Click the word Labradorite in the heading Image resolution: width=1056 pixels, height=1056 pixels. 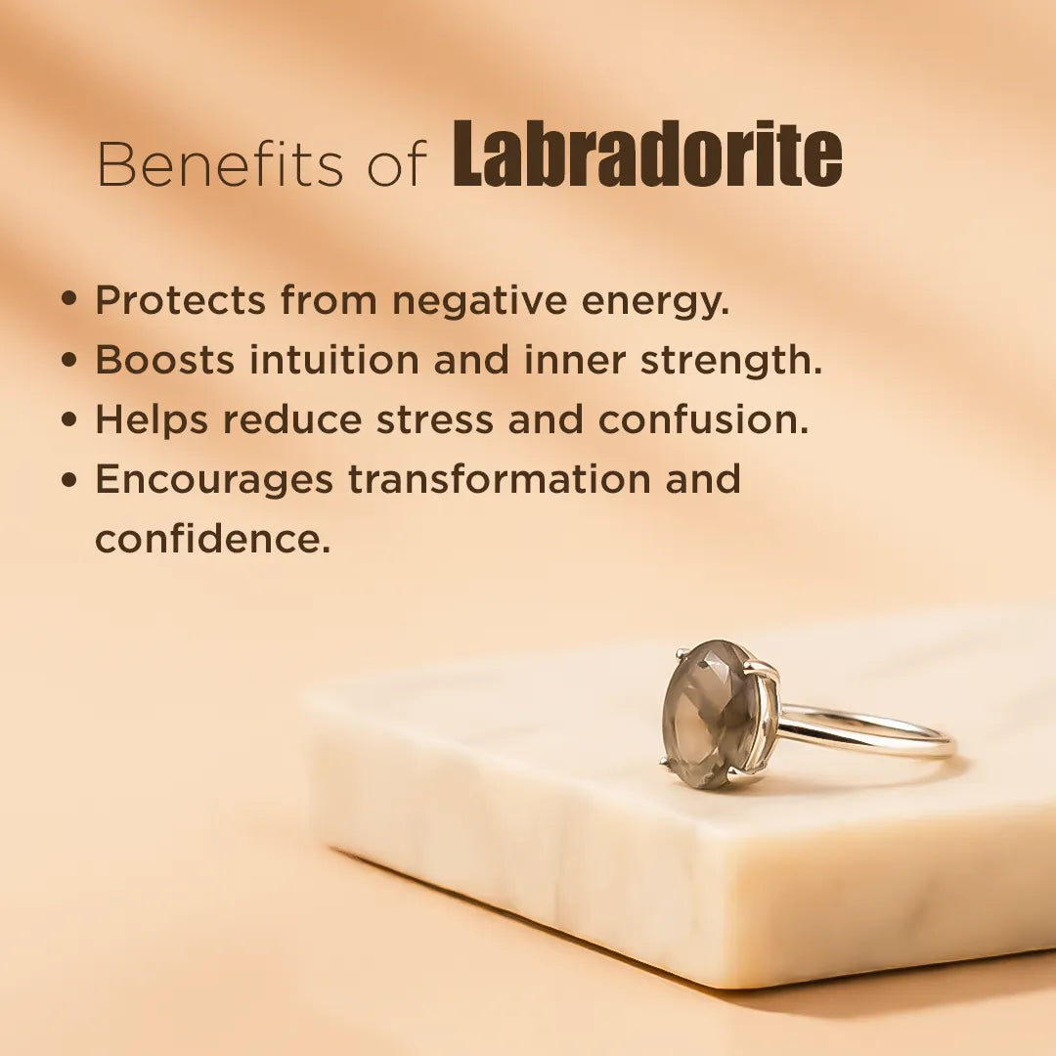[647, 156]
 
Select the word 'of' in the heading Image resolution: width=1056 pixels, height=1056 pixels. [397, 164]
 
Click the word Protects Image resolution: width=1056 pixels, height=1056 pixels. [180, 301]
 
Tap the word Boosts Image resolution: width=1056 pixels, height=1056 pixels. [164, 361]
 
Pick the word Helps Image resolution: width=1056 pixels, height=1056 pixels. [152, 421]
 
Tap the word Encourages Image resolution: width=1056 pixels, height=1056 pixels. [214, 481]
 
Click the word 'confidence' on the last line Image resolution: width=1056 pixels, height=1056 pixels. [212, 540]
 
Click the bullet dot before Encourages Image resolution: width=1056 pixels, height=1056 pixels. [68, 479]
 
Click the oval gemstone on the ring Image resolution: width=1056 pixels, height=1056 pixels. [710, 713]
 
